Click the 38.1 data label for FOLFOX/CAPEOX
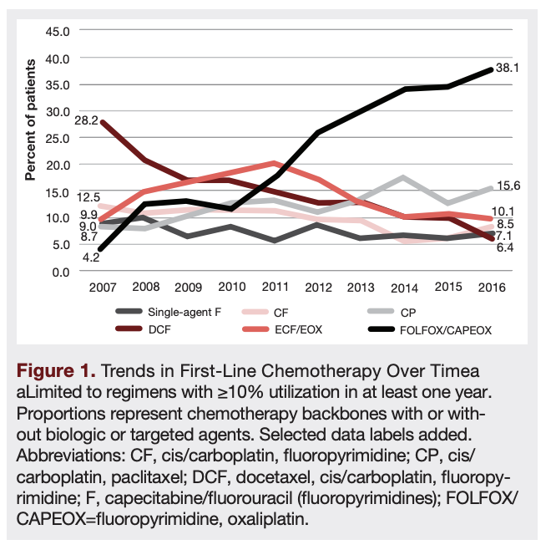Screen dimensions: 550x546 coord(508,69)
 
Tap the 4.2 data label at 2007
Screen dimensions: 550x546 coord(91,257)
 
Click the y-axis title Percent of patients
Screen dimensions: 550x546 coord(31,121)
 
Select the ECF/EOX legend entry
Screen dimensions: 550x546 coord(297,330)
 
